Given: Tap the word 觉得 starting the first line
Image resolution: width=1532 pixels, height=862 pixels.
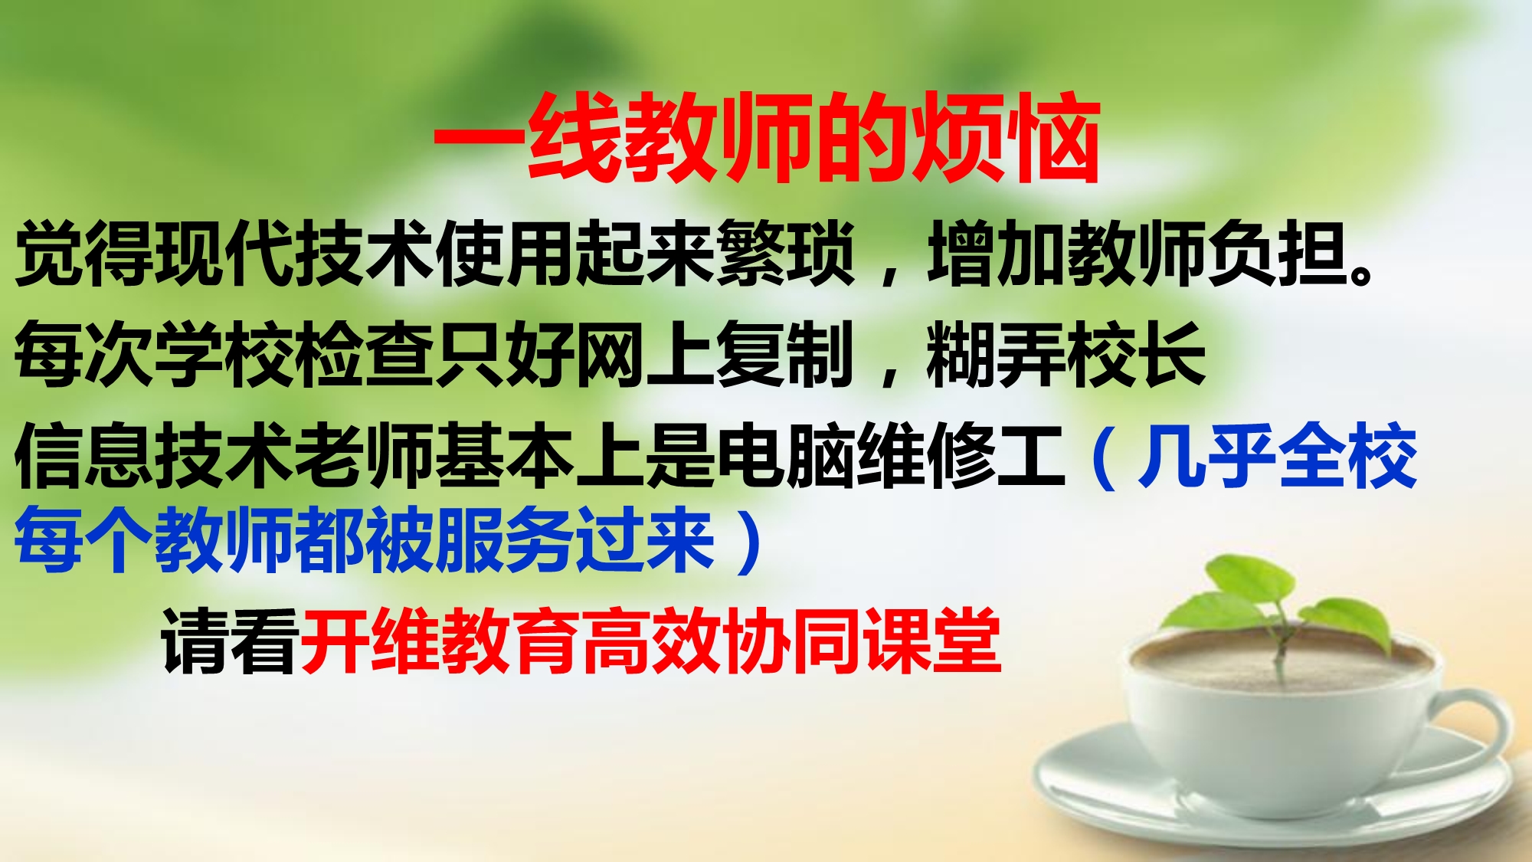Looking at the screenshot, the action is (85, 254).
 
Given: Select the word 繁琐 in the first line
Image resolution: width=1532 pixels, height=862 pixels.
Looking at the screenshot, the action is (784, 254).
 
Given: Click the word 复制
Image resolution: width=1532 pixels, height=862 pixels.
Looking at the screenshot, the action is (784, 353).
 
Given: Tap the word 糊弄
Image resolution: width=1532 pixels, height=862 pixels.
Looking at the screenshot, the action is (996, 353).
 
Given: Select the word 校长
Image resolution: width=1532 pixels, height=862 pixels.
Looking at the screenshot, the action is (1137, 353).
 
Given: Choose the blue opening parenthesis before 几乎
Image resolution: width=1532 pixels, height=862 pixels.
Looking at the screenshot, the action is (1103, 457).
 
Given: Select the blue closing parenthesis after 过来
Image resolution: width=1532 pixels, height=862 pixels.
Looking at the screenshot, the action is (748, 541).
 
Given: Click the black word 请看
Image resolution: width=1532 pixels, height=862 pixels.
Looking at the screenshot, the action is (230, 641).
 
